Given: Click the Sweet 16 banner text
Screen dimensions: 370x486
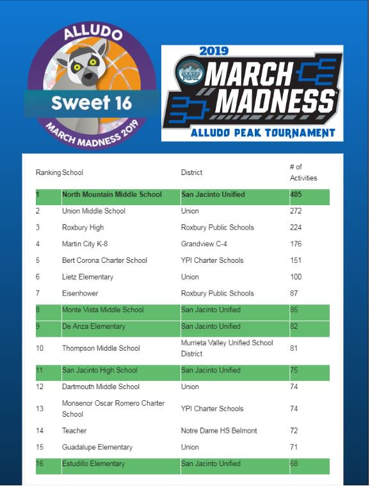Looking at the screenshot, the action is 91,103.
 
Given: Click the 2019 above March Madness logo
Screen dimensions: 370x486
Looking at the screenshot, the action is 214,51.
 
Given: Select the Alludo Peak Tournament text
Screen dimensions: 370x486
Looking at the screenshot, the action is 262,133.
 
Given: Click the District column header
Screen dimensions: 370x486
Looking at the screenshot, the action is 191,172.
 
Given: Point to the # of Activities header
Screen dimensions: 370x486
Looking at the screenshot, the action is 303,172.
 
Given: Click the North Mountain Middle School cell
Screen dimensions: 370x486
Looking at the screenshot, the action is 112,194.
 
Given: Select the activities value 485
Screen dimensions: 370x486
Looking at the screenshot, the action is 296,194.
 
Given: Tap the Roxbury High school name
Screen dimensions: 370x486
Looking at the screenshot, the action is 83,228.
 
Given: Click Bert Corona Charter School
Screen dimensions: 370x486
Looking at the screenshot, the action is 104,260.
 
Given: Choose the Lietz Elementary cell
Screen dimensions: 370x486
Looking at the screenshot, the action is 88,277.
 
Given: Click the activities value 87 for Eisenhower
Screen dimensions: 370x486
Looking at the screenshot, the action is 294,294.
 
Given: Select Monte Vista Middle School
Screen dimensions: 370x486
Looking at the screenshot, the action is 102,310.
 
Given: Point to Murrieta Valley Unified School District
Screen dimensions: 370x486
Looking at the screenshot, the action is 227,348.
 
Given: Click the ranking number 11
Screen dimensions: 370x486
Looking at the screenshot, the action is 40,371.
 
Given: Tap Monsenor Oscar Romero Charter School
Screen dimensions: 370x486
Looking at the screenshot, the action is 113,408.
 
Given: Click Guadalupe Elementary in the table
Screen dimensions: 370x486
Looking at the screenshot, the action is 97,448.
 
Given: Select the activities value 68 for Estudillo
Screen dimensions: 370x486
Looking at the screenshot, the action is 294,464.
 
